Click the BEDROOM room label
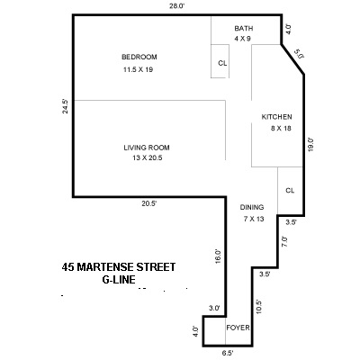click(x=139, y=58)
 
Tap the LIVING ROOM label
click(x=147, y=148)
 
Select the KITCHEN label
click(x=275, y=118)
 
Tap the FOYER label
click(x=238, y=328)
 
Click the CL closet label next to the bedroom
click(x=222, y=63)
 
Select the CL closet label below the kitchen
click(x=290, y=191)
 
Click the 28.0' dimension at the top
click(x=176, y=6)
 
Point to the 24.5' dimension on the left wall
click(x=66, y=107)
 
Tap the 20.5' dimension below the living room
click(x=148, y=204)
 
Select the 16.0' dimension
click(x=217, y=255)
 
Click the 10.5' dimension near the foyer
click(x=258, y=304)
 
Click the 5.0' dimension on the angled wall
click(x=301, y=55)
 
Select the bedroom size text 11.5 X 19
click(x=139, y=69)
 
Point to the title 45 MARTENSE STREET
click(x=118, y=266)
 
